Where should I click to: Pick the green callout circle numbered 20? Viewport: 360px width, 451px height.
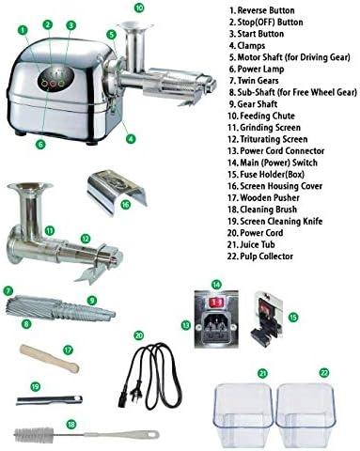pyautogui.click(x=139, y=334)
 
